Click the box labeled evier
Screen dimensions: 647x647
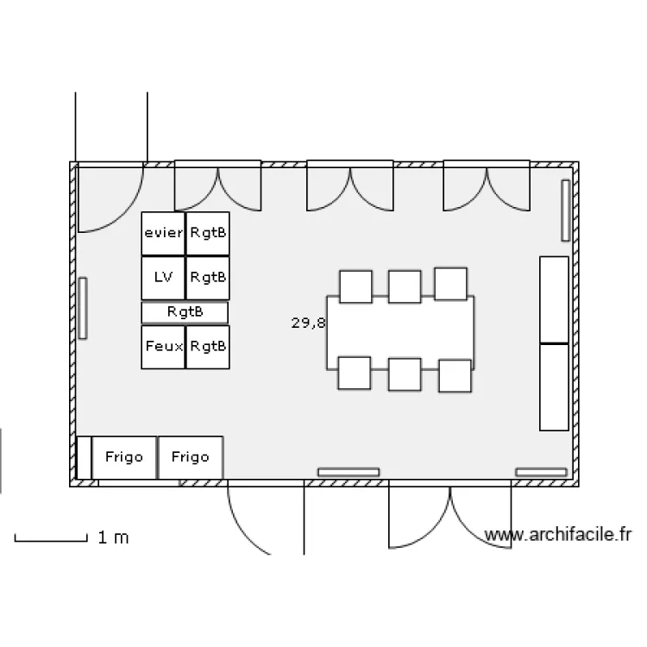coord(163,233)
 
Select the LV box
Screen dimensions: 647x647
coord(163,278)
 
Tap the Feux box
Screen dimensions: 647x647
coord(163,347)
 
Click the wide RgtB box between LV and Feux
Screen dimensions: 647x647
coord(185,312)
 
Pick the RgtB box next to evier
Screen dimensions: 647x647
coord(208,233)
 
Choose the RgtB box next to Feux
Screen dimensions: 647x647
coord(208,347)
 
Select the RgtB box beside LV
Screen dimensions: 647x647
coord(208,278)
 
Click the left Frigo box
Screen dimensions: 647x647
coord(124,457)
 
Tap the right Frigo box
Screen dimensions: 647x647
coord(191,457)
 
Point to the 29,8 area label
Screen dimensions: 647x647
coord(308,323)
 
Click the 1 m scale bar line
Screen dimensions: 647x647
coord(51,541)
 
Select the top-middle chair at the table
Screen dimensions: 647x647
coord(404,286)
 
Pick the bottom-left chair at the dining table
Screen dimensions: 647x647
coord(354,373)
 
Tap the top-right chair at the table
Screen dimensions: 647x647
coord(450,284)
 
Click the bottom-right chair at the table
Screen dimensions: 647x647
coord(455,375)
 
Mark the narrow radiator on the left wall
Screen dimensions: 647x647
coord(83,308)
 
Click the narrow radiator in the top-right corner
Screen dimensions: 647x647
coord(566,210)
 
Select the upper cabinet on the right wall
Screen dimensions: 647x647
coord(554,299)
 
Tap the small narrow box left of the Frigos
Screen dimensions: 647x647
coord(84,457)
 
